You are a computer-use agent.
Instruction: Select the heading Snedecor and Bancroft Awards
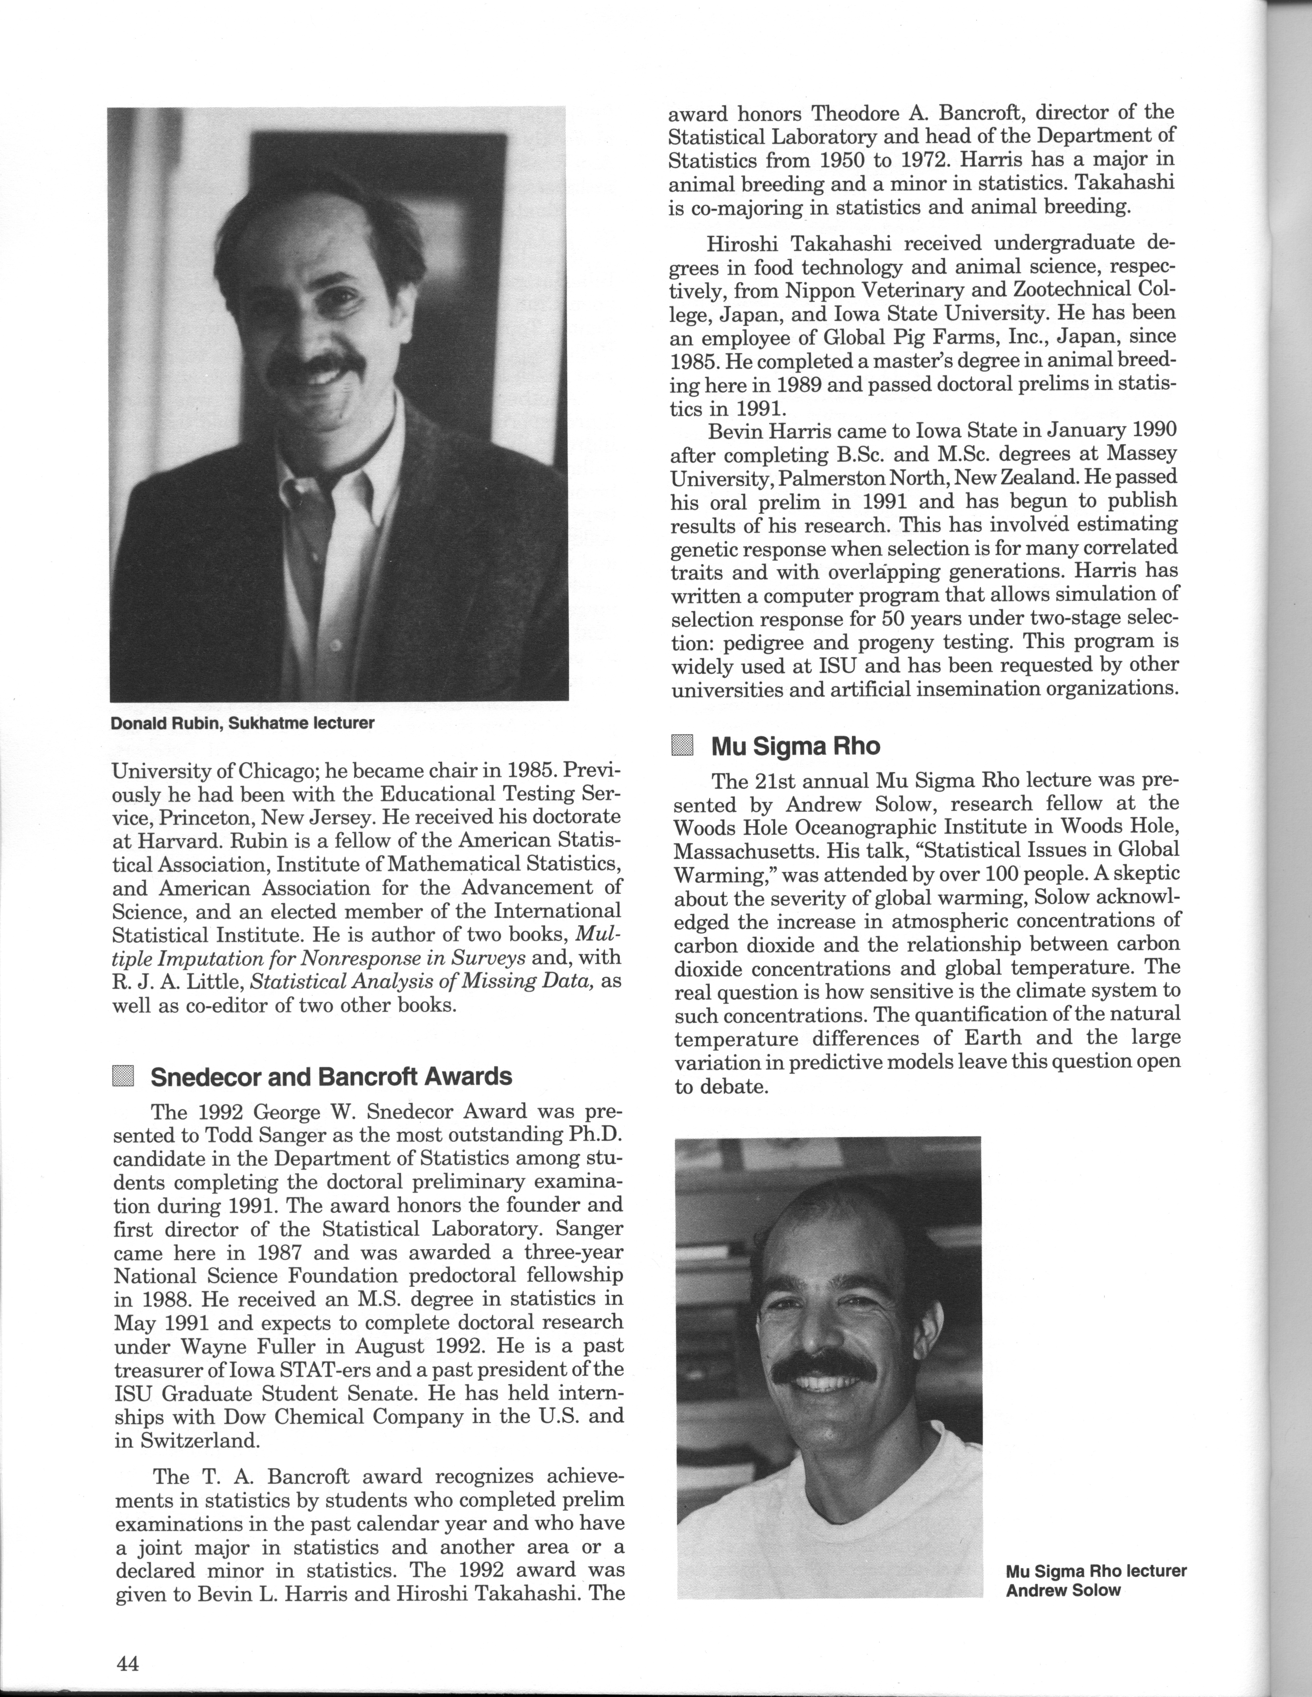coord(331,1077)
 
